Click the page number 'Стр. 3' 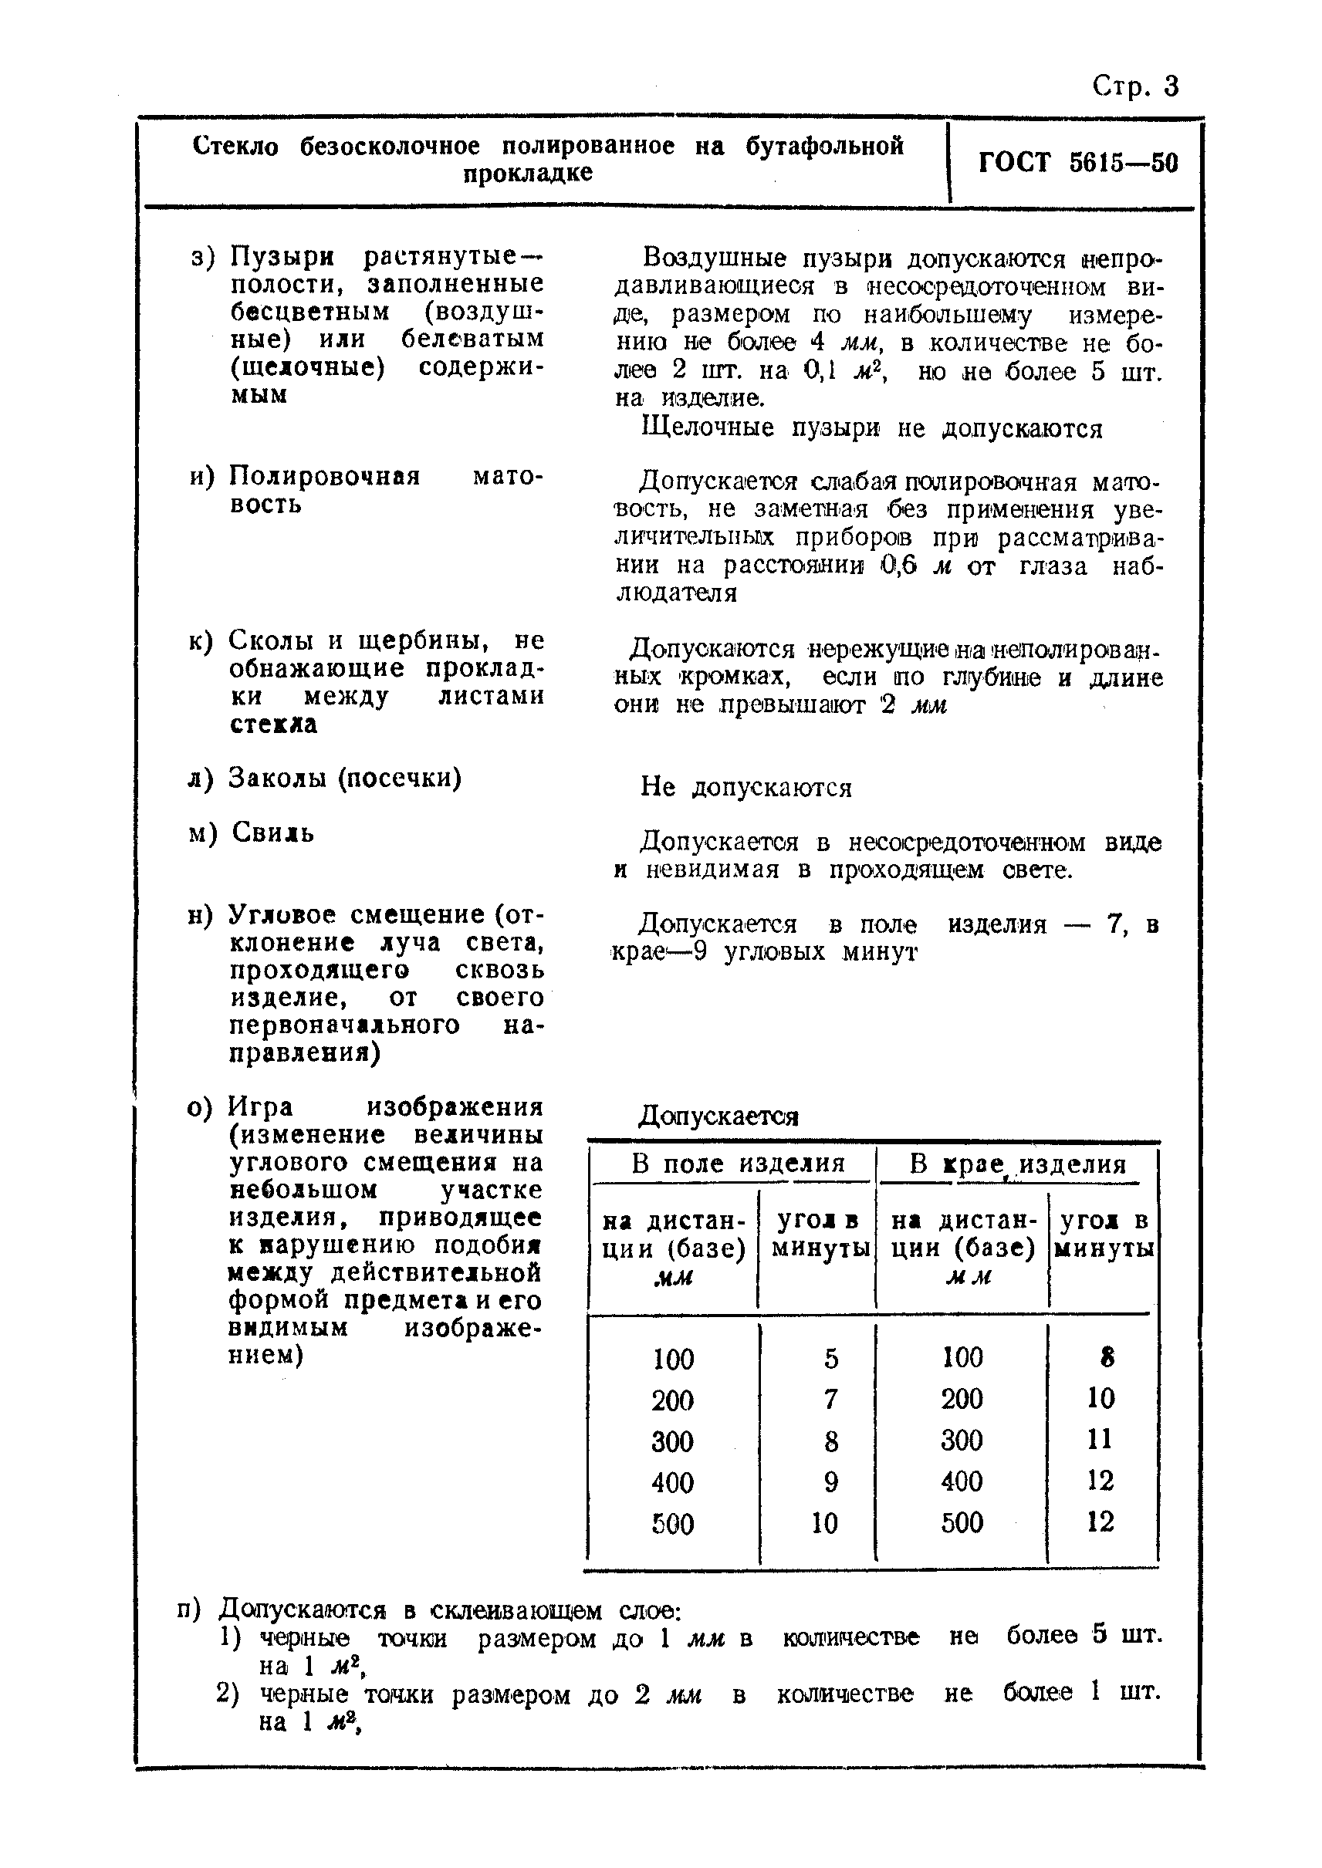[x=1134, y=86]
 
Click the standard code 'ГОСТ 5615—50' [x=1078, y=163]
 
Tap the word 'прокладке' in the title [x=528, y=174]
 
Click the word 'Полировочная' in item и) [x=325, y=475]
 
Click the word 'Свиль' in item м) [x=272, y=833]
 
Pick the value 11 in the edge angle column [x=1099, y=1438]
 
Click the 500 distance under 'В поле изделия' [x=672, y=1523]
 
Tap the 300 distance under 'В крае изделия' [x=962, y=1440]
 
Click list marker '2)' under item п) [x=228, y=1694]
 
